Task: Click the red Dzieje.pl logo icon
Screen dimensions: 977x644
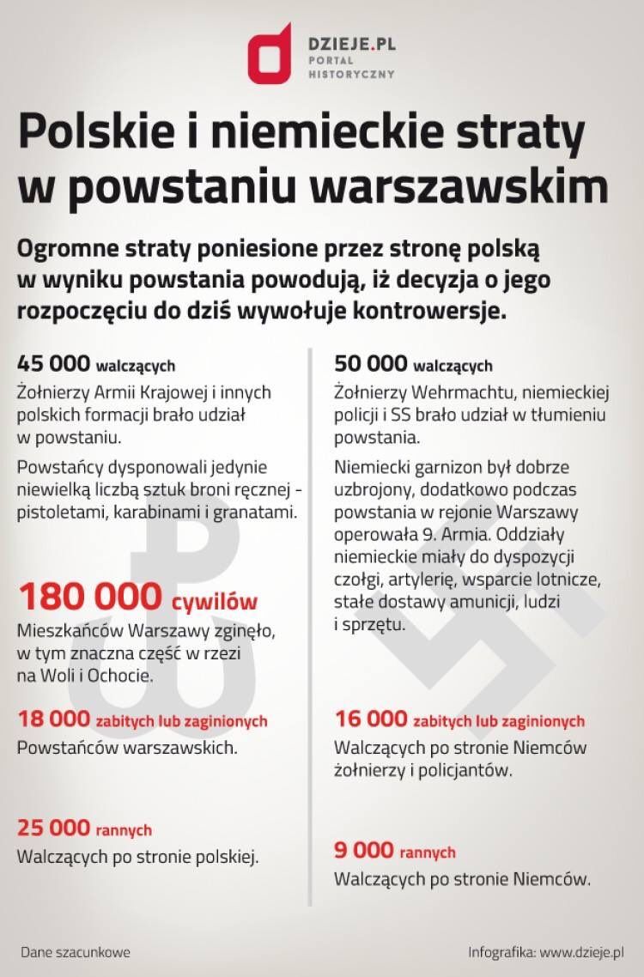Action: (x=268, y=52)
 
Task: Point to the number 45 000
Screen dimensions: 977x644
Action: (x=53, y=364)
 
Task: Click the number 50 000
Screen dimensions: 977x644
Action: (x=370, y=364)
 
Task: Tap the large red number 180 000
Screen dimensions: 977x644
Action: (x=89, y=597)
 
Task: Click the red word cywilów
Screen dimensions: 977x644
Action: (x=214, y=600)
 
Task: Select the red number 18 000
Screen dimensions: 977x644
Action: (x=53, y=719)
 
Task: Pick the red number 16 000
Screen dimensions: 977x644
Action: (x=370, y=719)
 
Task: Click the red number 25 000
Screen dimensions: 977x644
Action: (x=53, y=828)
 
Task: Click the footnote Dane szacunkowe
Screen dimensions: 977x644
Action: (x=75, y=952)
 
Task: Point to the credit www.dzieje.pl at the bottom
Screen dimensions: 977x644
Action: (x=582, y=952)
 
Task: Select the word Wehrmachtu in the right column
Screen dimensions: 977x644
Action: (x=449, y=392)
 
